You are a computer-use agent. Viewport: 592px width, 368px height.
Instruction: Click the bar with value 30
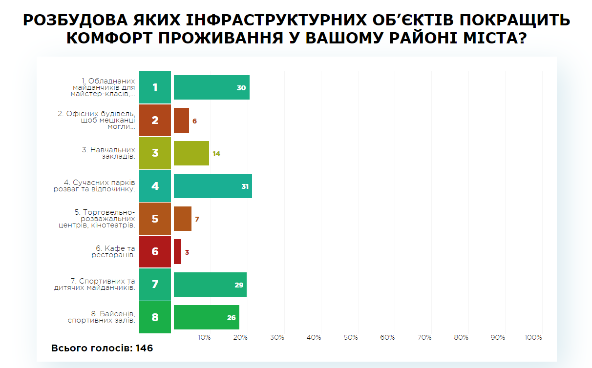point(211,87)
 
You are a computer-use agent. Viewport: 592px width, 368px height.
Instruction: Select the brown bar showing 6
point(181,120)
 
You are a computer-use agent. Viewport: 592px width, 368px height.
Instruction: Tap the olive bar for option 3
point(191,153)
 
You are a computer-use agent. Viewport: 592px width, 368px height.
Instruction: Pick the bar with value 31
point(212,186)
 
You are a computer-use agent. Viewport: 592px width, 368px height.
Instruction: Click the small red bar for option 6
point(177,252)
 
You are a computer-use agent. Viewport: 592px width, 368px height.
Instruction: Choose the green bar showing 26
point(206,317)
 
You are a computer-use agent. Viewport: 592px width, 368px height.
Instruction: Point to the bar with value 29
point(210,285)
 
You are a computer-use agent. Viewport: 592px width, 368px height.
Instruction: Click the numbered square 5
point(155,219)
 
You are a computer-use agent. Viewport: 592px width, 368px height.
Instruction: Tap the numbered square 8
point(155,318)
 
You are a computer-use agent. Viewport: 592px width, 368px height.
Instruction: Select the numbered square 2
point(155,120)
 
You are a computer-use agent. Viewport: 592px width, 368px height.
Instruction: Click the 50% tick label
point(351,338)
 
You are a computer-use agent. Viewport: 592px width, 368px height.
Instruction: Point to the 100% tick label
point(533,338)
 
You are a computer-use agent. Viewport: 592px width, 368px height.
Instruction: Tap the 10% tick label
point(204,338)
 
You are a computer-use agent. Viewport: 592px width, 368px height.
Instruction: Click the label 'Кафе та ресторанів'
point(114,252)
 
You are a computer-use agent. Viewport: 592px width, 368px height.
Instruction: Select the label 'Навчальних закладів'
point(108,153)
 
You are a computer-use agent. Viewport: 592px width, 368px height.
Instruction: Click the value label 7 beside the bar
point(197,219)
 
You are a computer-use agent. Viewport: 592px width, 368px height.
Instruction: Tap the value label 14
point(216,154)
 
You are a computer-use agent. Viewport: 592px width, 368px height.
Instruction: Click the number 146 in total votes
point(145,348)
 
